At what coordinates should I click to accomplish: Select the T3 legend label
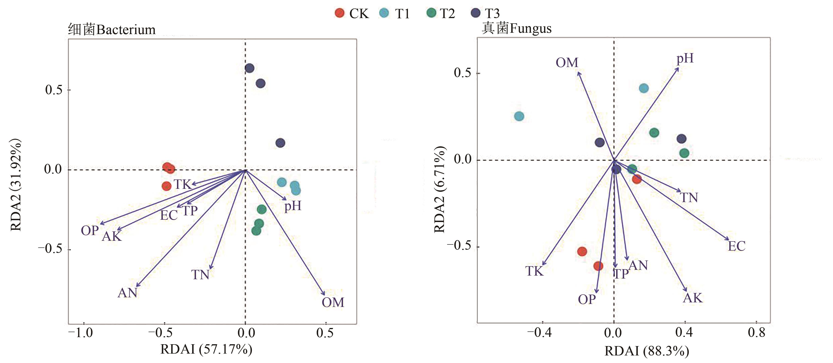pos(492,14)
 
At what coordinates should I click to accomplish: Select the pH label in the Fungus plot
pos(685,59)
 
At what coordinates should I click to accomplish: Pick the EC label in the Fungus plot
pos(737,246)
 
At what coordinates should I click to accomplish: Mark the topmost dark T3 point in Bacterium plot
pos(249,68)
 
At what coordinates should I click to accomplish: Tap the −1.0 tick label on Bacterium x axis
pos(81,333)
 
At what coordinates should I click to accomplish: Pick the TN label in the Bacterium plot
pos(200,275)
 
